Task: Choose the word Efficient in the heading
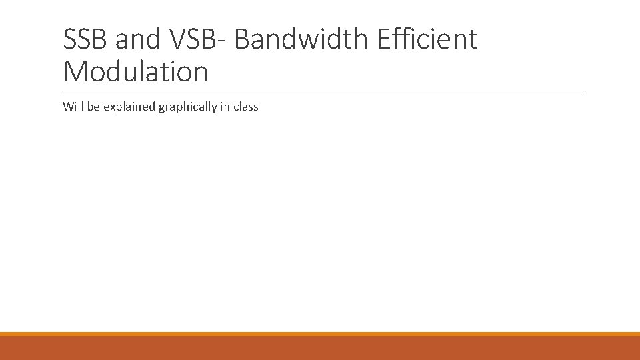tap(427, 39)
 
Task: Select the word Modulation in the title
tap(135, 71)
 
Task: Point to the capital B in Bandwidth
tap(243, 39)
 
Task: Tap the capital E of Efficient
tap(384, 39)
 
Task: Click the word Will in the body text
tap(73, 107)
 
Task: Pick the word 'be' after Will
tap(93, 107)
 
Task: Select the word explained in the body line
tap(129, 107)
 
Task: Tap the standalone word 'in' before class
tap(223, 107)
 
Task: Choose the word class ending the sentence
tap(245, 107)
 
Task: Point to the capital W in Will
tap(68, 107)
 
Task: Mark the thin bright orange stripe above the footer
tap(320, 334)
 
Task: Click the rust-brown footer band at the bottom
tap(320, 348)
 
